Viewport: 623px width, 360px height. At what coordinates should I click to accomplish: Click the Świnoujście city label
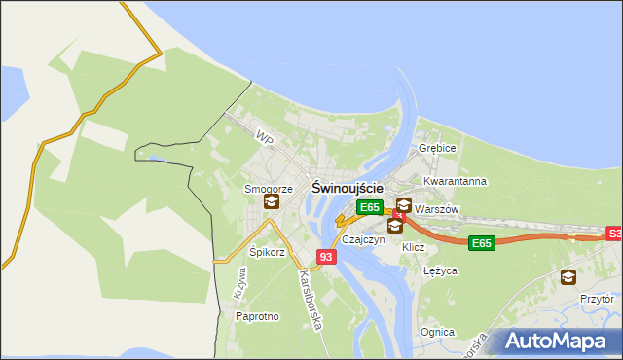[x=347, y=186]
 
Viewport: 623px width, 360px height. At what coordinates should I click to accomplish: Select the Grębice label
[x=437, y=149]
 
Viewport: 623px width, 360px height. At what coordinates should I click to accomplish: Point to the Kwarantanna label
[x=455, y=182]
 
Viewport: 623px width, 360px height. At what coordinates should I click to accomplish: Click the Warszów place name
[x=436, y=209]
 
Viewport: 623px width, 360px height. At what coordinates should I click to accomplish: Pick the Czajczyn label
[x=363, y=239]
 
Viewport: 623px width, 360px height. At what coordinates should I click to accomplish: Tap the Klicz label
[x=414, y=248]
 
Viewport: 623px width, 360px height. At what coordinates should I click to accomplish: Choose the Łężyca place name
[x=441, y=271]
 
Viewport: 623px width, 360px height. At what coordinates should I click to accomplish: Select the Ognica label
[x=437, y=332]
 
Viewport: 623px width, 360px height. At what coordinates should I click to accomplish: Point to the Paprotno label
[x=258, y=316]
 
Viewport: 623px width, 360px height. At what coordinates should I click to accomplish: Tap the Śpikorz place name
[x=267, y=252]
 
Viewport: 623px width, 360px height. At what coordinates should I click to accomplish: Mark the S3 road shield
[x=614, y=234]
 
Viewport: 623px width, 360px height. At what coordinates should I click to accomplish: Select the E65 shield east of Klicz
[x=481, y=243]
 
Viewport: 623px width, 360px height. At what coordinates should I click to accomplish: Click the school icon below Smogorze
[x=271, y=202]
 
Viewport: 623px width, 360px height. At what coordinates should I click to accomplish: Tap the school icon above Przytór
[x=568, y=277]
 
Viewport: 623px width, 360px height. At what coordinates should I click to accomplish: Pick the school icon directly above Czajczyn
[x=394, y=226]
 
